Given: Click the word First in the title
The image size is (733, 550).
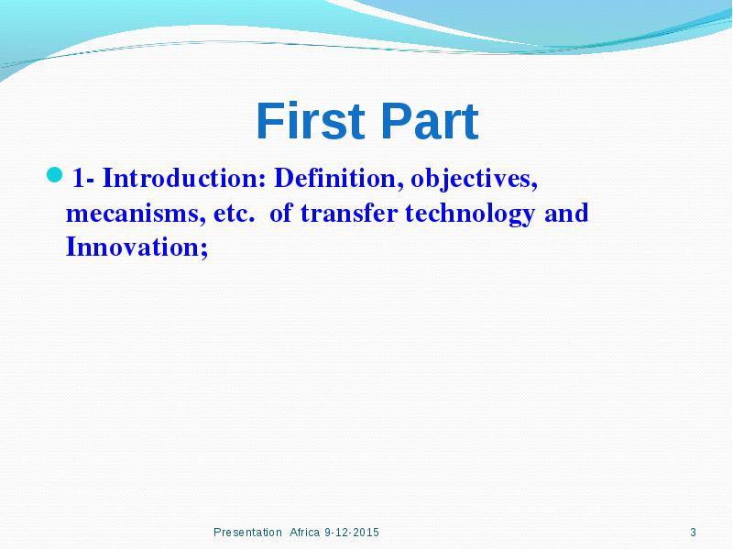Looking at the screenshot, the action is pos(311,121).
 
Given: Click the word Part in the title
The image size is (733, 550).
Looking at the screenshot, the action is pos(430,121).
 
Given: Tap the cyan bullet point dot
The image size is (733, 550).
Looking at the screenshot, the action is pos(55,174).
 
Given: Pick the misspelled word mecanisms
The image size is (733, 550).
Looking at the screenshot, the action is pos(136,214).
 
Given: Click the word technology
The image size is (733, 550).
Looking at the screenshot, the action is pos(470,214).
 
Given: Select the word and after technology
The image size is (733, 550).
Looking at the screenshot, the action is pos(566,213).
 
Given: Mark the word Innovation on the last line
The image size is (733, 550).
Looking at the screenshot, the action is pos(133,247).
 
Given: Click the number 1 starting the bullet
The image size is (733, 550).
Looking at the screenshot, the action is pos(79,178).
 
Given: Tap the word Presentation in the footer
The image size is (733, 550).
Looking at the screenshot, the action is pos(247,533).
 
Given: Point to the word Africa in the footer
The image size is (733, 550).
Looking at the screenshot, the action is pos(304,533).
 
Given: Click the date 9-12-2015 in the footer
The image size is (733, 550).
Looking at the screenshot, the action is pos(352,533).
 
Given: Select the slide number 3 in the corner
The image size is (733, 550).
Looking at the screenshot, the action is pos(694,533).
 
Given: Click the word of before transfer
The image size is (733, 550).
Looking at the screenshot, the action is pos(281,213).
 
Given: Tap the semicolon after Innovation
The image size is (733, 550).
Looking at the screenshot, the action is pos(204,249).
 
